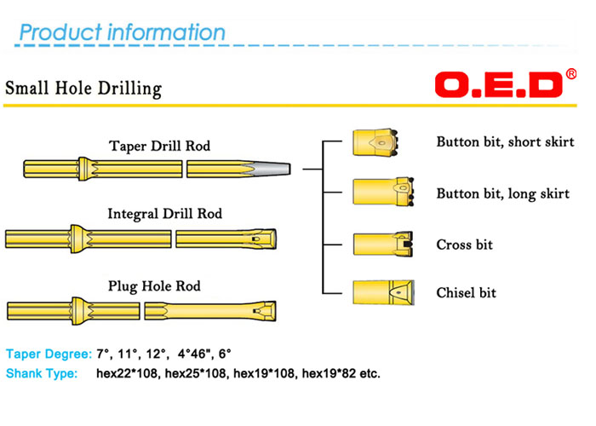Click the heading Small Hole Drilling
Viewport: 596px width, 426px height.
(x=83, y=88)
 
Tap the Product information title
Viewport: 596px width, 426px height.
(x=122, y=33)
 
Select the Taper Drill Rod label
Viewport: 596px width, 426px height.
(x=159, y=146)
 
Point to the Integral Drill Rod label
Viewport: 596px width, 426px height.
(x=164, y=213)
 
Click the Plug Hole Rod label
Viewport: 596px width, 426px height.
(x=154, y=286)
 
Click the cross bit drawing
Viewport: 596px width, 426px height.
(x=382, y=244)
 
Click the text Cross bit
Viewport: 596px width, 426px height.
(x=464, y=245)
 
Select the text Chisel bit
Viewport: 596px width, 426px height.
(x=466, y=293)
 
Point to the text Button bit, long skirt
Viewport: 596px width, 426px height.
(x=502, y=193)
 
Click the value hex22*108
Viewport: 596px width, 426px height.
(x=127, y=373)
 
